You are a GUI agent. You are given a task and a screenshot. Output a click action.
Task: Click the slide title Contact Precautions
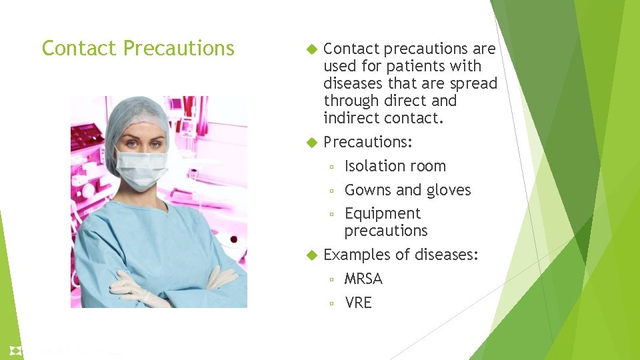pyautogui.click(x=138, y=49)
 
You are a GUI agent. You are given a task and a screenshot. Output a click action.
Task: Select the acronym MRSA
pyautogui.click(x=363, y=279)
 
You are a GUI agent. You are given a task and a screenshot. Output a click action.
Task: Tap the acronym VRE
pyautogui.click(x=358, y=303)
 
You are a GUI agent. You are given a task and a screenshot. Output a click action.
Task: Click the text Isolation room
pyautogui.click(x=395, y=166)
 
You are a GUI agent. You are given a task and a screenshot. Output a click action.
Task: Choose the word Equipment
pyautogui.click(x=382, y=213)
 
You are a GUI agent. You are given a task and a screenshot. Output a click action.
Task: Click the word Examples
pyautogui.click(x=355, y=255)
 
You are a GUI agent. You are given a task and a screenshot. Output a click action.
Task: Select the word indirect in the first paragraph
pyautogui.click(x=351, y=118)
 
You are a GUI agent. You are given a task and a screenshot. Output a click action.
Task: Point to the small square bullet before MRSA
pyautogui.click(x=331, y=279)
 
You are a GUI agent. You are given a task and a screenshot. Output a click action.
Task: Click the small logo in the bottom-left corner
pyautogui.click(x=15, y=350)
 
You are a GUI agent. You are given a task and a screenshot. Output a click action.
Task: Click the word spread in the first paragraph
pyautogui.click(x=473, y=83)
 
